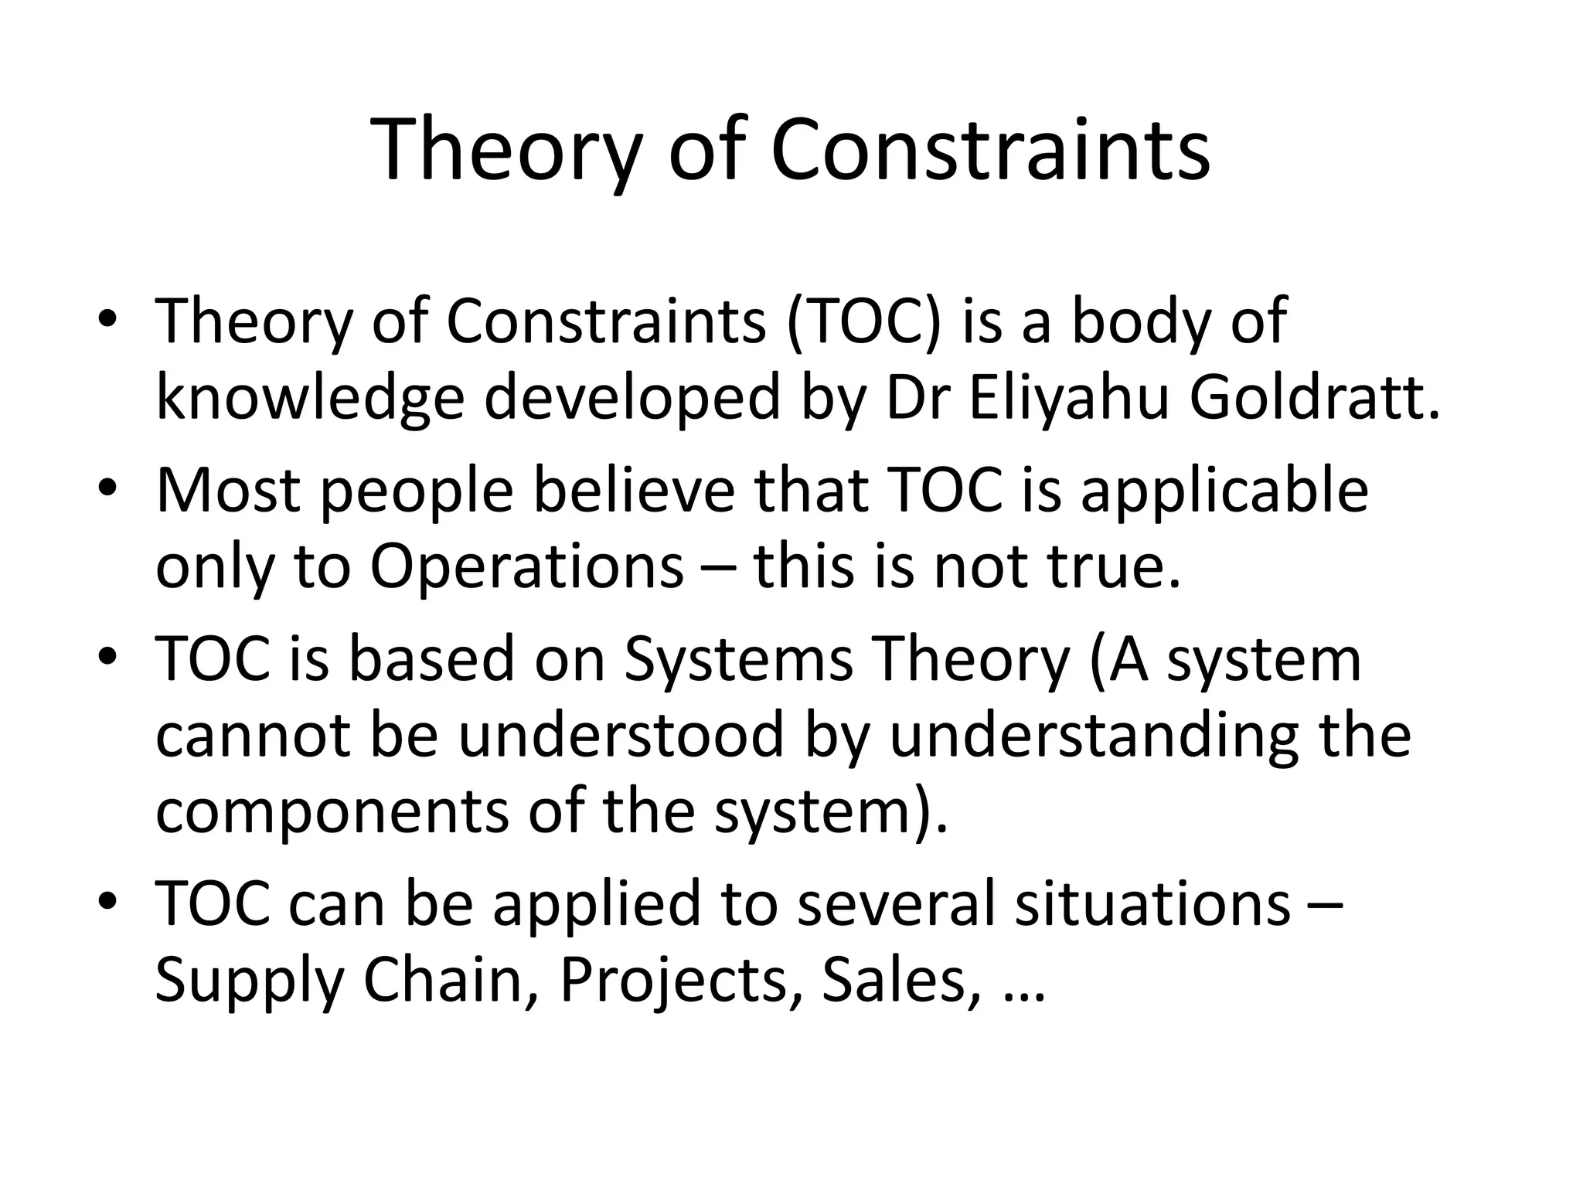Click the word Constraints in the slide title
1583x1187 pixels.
click(990, 151)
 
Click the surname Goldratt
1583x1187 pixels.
click(1314, 399)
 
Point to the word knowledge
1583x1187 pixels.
click(310, 399)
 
